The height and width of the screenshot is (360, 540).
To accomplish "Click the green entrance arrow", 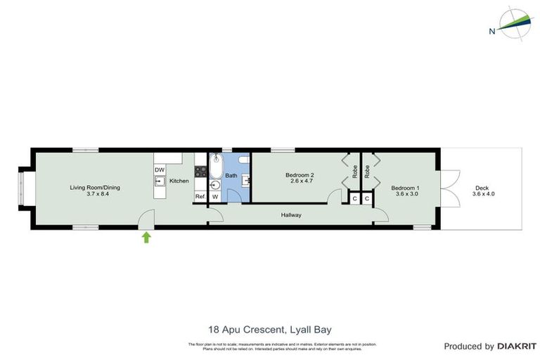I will coord(146,238).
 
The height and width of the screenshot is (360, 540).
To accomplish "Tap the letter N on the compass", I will coord(492,31).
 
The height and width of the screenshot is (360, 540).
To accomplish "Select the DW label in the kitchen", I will coord(160,170).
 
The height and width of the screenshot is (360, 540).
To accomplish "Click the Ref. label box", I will coord(200,196).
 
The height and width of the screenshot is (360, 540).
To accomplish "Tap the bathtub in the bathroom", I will coord(216,167).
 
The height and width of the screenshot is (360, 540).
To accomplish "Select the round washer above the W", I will coord(215,185).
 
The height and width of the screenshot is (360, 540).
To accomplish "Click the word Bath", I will coord(231,175).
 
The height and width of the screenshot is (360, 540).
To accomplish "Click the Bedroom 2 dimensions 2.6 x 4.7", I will coord(300,181).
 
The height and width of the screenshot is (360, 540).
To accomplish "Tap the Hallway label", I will coord(291,215).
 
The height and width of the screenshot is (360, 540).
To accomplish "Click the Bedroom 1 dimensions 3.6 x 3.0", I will coord(405,194).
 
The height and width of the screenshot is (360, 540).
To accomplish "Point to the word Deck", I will coord(482,188).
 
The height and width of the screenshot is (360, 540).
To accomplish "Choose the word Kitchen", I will coord(179,181).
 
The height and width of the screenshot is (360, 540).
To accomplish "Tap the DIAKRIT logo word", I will coord(517,346).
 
